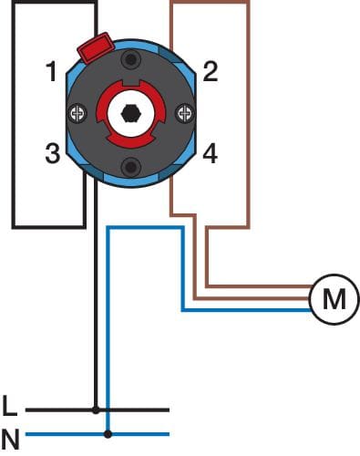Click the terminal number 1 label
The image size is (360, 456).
(52, 71)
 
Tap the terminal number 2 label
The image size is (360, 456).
(211, 71)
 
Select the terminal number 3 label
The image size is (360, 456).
(53, 153)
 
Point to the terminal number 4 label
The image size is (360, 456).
(210, 153)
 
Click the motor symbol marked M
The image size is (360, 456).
(334, 299)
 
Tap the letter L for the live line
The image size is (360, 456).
(9, 406)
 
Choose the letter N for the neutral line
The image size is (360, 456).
(10, 440)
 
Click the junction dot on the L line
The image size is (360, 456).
(96, 410)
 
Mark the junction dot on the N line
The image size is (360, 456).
(108, 434)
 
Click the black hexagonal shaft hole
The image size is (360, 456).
(131, 114)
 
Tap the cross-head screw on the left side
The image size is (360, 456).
(77, 114)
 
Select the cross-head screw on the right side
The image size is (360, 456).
(184, 114)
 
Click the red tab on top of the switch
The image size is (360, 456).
(95, 47)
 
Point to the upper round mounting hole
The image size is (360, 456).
(131, 60)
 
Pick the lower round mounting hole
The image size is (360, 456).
(131, 167)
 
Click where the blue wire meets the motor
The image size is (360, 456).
(310, 310)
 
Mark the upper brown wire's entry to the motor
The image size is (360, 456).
(312, 286)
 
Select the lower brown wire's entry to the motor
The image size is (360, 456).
(309, 299)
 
